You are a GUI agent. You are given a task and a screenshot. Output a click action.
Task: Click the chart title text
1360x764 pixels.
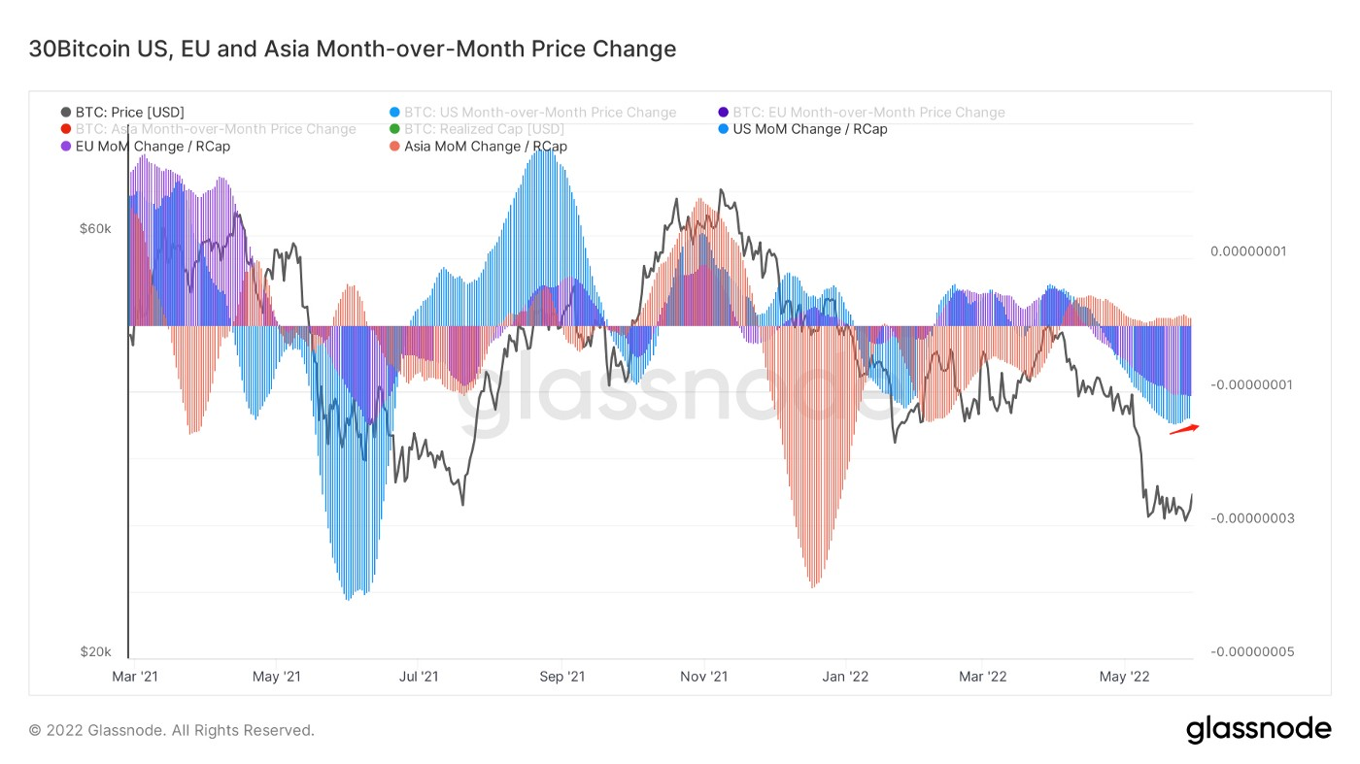click(353, 49)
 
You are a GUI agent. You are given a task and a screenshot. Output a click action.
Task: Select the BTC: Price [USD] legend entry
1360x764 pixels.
click(129, 113)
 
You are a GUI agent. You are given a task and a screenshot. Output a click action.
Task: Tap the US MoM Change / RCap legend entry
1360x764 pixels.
click(808, 129)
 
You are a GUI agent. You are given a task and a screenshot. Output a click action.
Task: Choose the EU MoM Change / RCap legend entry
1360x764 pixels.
click(152, 147)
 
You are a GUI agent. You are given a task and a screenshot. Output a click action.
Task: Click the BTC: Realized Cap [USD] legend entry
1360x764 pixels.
click(483, 129)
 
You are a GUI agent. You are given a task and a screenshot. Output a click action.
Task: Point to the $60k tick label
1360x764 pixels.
click(95, 229)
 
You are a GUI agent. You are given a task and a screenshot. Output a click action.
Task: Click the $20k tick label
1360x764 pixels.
click(95, 651)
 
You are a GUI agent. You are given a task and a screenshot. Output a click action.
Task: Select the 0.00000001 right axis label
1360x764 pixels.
click(1247, 251)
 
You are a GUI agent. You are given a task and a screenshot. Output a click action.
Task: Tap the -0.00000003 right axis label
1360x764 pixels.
click(1251, 518)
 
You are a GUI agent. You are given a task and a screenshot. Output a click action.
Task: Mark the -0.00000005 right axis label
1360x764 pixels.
click(1251, 651)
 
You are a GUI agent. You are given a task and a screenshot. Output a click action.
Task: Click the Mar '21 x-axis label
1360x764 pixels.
click(135, 676)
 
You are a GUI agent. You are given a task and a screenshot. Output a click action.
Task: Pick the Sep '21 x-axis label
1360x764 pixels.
click(561, 676)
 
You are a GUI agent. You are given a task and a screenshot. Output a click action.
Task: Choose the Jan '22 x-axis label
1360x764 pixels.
click(846, 676)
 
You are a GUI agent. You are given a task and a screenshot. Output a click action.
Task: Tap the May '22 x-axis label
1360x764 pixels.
click(1125, 676)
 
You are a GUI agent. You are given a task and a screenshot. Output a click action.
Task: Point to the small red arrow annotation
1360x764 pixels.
click(1184, 429)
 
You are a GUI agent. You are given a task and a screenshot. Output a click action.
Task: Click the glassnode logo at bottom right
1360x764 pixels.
click(1258, 729)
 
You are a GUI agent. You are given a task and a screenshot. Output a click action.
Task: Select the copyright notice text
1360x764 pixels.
click(172, 730)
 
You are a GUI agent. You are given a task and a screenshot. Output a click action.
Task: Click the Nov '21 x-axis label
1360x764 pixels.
click(704, 676)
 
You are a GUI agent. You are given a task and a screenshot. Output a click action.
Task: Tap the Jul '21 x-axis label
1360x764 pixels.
click(419, 676)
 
